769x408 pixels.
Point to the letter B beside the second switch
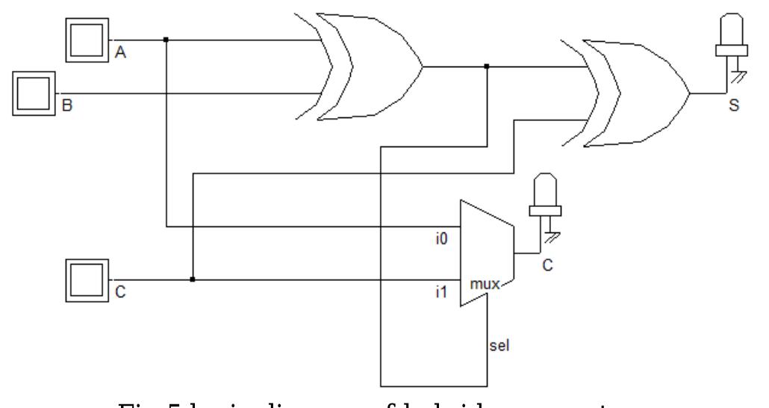66,108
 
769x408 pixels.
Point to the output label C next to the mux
547,264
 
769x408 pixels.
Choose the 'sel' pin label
499,347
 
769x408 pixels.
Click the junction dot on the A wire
165,39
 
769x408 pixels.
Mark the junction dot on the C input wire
193,279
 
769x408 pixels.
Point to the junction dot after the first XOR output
487,67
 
